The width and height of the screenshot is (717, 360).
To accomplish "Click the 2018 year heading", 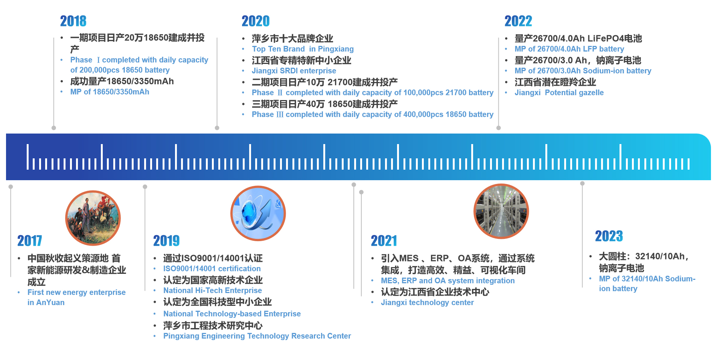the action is coord(73,21).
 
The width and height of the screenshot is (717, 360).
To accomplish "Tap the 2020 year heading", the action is coord(256,21).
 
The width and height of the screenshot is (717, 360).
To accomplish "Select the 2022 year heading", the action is coord(518,21).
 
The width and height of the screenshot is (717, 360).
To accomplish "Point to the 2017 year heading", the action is coord(30,241).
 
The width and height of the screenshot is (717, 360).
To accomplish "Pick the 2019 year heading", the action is coord(166,241).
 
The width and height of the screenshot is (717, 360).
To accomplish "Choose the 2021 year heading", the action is coord(384,241).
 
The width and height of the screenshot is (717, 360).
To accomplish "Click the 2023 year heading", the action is coord(609,236).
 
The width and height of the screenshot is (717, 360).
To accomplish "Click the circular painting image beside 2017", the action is coord(93,218).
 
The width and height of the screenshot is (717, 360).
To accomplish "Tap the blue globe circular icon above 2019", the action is coord(258,213).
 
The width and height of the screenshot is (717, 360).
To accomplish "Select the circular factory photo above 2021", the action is coord(501,211).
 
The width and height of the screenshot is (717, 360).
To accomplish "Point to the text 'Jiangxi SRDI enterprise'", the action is coord(294,71).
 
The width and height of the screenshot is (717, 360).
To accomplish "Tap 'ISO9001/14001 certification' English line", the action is coord(212,269).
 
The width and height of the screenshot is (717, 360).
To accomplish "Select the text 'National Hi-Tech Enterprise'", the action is coord(213,290).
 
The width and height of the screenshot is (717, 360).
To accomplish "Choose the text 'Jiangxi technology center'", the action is coord(427,302).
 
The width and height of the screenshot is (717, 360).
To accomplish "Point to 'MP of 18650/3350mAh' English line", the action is coord(110,92).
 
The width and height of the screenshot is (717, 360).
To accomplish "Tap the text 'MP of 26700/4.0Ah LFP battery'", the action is coord(569,49).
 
